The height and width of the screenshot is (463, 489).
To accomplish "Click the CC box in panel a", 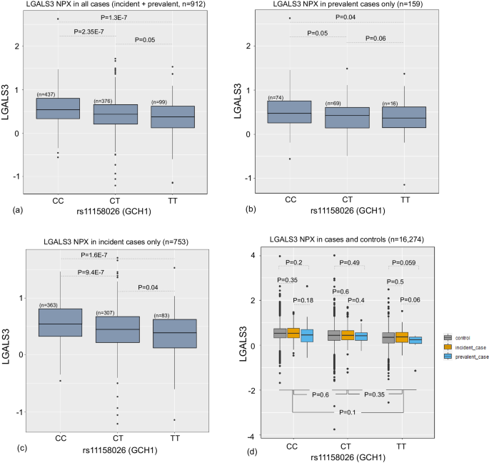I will pyautogui.click(x=58, y=108).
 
